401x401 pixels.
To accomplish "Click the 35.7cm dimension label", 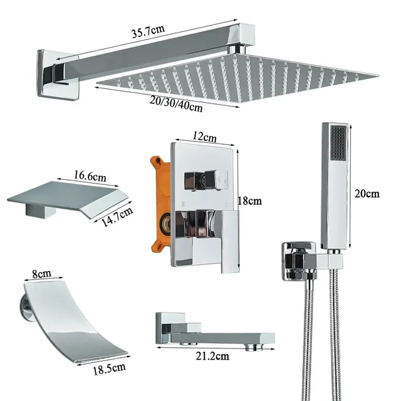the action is pyautogui.click(x=148, y=31).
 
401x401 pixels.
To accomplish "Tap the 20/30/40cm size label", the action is pyautogui.click(x=176, y=103).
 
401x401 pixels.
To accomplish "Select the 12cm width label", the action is pyautogui.click(x=204, y=137).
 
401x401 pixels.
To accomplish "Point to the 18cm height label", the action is pyautogui.click(x=250, y=200).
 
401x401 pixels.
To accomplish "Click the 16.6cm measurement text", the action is pyautogui.click(x=90, y=176).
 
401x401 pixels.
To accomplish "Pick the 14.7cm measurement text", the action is pyautogui.click(x=117, y=217).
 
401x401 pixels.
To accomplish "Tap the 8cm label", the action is pyautogui.click(x=42, y=274).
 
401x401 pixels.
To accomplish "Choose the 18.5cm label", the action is pyautogui.click(x=109, y=368).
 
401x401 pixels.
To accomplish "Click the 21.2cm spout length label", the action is pyautogui.click(x=212, y=356).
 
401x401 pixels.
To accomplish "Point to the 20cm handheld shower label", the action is pyautogui.click(x=367, y=194).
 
